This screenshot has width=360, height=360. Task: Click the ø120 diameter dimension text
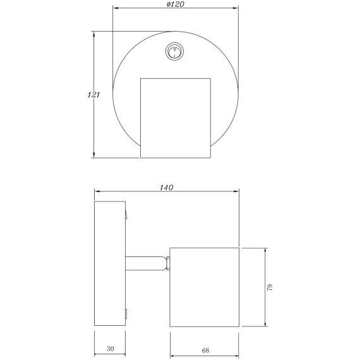(x=176, y=4)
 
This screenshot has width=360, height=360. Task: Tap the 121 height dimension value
(x=93, y=95)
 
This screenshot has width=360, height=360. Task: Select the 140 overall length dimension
(x=167, y=188)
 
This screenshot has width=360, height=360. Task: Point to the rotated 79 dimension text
(x=270, y=287)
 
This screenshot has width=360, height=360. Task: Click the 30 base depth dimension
(x=110, y=349)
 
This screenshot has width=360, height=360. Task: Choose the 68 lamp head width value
(x=205, y=351)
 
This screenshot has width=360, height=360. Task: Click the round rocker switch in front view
(x=175, y=52)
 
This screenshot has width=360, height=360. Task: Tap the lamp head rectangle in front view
(x=176, y=118)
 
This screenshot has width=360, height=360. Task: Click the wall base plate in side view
(x=110, y=263)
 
